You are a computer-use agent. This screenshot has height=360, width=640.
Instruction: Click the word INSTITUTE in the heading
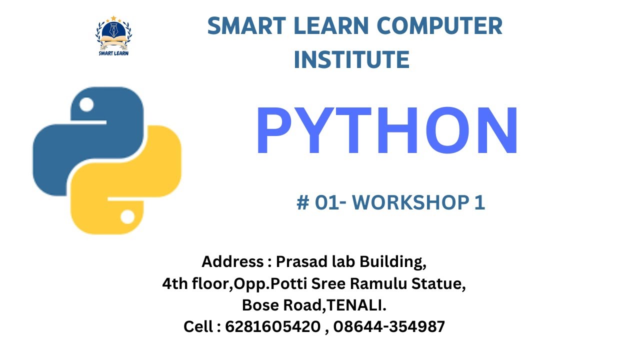point(351,59)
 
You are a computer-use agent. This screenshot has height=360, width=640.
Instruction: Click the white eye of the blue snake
point(86,105)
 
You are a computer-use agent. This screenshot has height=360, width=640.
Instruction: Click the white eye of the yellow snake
point(127,217)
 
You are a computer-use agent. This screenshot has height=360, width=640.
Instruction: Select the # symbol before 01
point(302,202)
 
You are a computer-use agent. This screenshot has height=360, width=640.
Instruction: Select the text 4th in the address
point(173,284)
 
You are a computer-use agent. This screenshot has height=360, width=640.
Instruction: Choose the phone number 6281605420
point(272,327)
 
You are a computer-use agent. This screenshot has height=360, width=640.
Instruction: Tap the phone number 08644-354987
point(389,327)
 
